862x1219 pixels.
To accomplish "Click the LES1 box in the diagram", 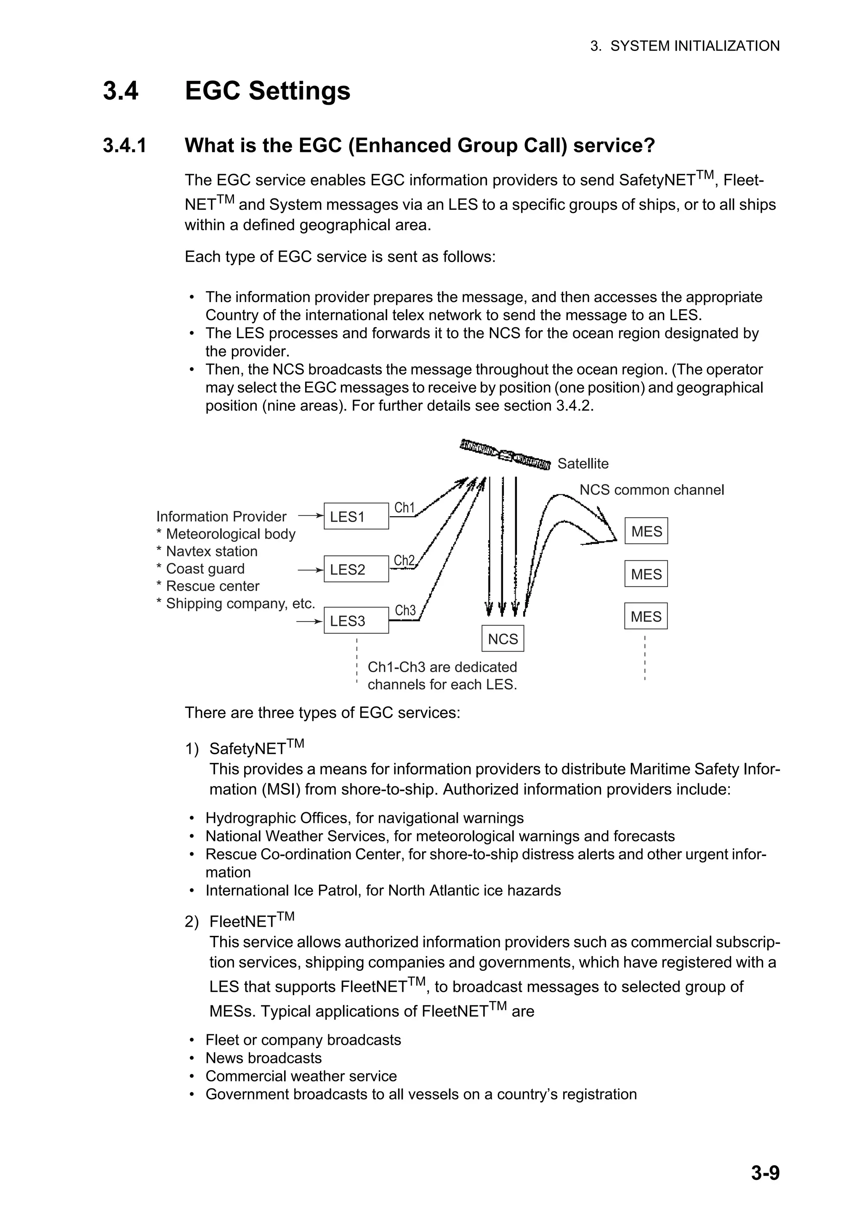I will tap(356, 516).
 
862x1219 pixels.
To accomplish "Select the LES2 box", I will tap(356, 569).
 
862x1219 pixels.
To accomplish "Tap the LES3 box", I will tap(356, 620).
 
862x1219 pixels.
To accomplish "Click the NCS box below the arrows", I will tap(503, 639).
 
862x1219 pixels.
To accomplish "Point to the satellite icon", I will tap(505, 454).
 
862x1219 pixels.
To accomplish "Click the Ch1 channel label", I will tap(404, 508).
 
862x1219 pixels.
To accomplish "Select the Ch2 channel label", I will tap(404, 561).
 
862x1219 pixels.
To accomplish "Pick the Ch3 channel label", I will tap(405, 611).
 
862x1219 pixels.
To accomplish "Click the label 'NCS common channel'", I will tap(651, 490).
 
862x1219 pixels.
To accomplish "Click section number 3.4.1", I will tap(125, 145).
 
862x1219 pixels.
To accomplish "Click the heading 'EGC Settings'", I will tap(267, 90).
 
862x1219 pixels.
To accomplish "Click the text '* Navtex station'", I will tap(207, 551).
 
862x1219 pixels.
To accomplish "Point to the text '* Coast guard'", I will tap(200, 569).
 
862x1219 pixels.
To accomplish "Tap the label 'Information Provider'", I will tap(221, 516).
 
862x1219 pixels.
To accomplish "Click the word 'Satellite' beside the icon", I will tap(583, 464).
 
